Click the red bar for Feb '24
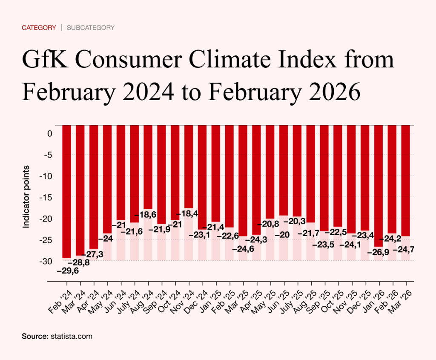point(67,192)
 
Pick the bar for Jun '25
point(284,170)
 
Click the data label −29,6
point(68,271)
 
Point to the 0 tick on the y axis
point(49,133)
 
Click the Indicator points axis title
point(26,196)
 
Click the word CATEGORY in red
point(39,28)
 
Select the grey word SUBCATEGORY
point(91,28)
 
